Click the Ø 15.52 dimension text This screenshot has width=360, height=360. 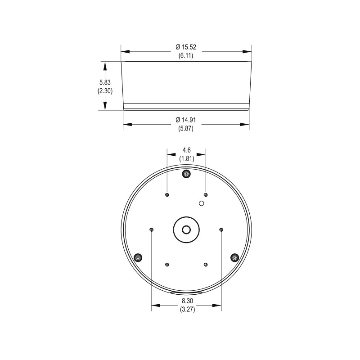click(186, 47)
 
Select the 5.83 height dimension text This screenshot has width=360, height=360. click(105, 82)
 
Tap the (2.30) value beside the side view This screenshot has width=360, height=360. click(105, 90)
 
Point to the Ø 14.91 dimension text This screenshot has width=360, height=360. click(186, 120)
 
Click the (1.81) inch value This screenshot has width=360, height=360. click(186, 158)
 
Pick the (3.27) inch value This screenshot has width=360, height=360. click(186, 310)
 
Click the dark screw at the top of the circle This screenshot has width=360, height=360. click(186, 174)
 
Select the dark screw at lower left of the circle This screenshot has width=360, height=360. click(138, 257)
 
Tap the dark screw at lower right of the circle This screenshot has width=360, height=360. click(234, 257)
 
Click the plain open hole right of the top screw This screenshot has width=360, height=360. click(202, 203)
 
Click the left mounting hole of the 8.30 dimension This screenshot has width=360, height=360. click(151, 229)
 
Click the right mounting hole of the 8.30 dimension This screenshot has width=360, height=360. click(221, 229)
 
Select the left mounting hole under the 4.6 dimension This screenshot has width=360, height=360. click(167, 195)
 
